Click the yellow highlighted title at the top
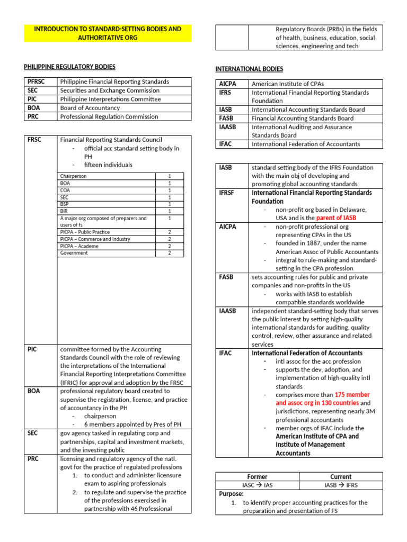108,33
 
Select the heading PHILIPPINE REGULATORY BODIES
69,67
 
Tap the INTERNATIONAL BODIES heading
249,69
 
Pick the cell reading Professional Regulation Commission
109,116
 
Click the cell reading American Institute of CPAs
287,84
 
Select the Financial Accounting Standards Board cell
303,119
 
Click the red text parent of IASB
336,218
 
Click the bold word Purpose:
231,493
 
